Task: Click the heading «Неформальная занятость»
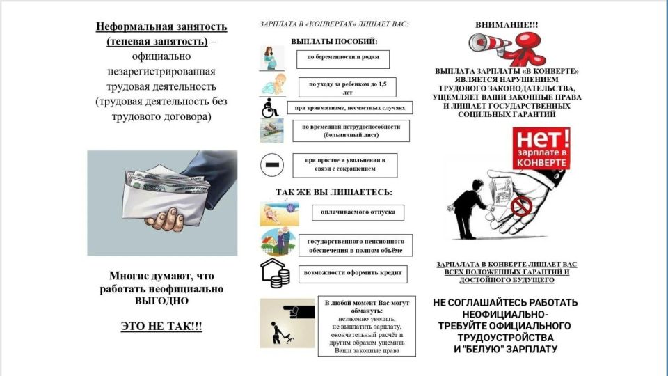(161, 27)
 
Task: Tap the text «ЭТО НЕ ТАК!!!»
(161, 325)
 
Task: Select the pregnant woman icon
(271, 58)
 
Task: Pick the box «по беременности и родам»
(342, 58)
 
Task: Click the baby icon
(271, 86)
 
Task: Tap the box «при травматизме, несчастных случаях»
(350, 107)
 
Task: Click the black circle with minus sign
(272, 165)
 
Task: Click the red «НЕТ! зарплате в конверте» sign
(541, 148)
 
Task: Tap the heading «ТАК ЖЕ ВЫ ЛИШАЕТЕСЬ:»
(333, 191)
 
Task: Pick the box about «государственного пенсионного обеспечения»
(355, 245)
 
